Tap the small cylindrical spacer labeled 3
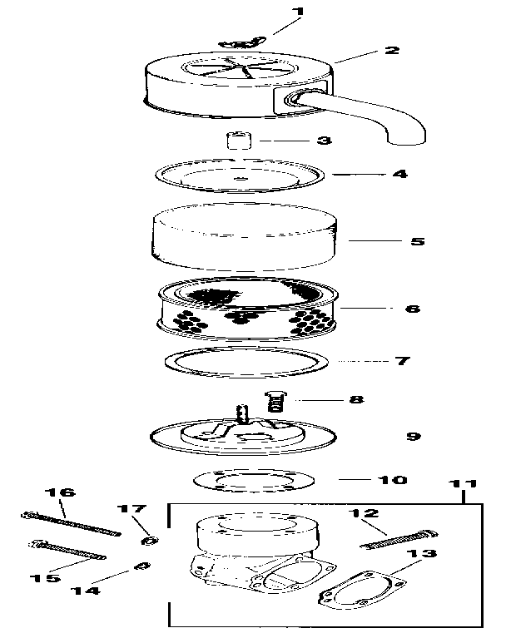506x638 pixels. click(238, 140)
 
